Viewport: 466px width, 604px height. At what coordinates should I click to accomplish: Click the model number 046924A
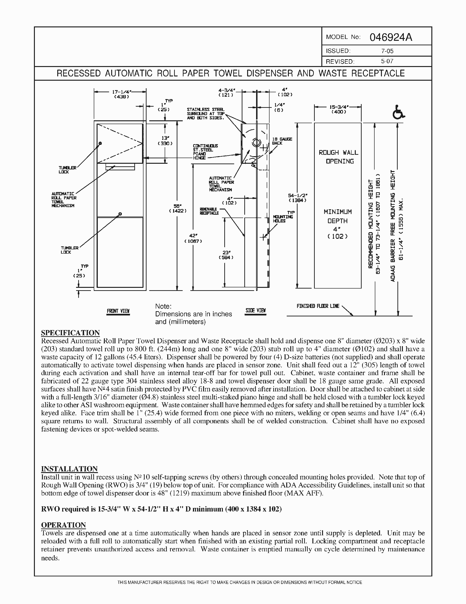coord(391,37)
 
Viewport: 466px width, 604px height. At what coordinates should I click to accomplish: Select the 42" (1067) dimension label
coord(193,238)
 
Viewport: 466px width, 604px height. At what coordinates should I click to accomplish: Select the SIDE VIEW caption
coord(256,310)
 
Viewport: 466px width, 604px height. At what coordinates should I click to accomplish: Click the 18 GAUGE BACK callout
coord(282,141)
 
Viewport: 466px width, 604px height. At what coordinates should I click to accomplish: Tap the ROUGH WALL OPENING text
coord(338,157)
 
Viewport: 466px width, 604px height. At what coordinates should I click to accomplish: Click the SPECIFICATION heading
coord(70,333)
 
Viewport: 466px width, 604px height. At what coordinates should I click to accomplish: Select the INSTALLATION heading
coord(69,469)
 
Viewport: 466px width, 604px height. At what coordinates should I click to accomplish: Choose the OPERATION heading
coord(64,525)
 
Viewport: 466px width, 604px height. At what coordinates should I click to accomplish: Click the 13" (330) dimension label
coord(165,140)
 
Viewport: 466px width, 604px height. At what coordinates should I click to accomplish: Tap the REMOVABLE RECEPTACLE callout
coord(209,211)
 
